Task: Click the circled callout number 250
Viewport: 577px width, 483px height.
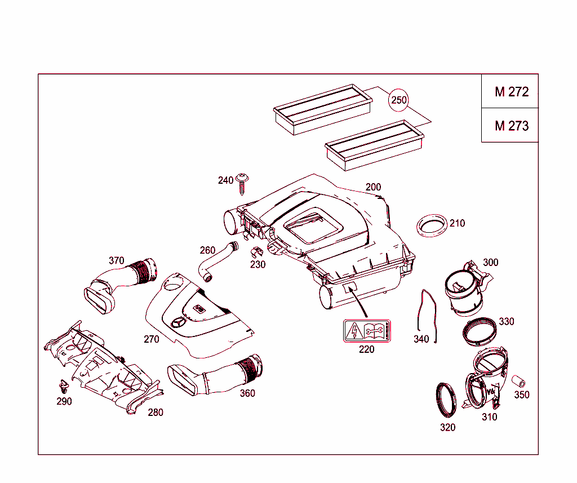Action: point(398,100)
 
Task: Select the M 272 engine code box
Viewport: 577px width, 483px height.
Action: point(511,92)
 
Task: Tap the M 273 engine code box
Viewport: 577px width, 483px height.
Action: point(511,126)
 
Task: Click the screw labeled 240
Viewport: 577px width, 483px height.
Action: point(243,183)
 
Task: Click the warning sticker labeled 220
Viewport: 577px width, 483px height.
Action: point(367,331)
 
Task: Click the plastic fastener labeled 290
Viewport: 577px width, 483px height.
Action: point(64,387)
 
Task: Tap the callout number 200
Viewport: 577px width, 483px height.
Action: point(373,187)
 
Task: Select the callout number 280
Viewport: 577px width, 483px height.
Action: point(156,413)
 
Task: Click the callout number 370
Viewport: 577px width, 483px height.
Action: point(116,260)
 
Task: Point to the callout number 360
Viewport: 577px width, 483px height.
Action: point(247,393)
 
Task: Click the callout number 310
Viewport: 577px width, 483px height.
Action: point(489,417)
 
